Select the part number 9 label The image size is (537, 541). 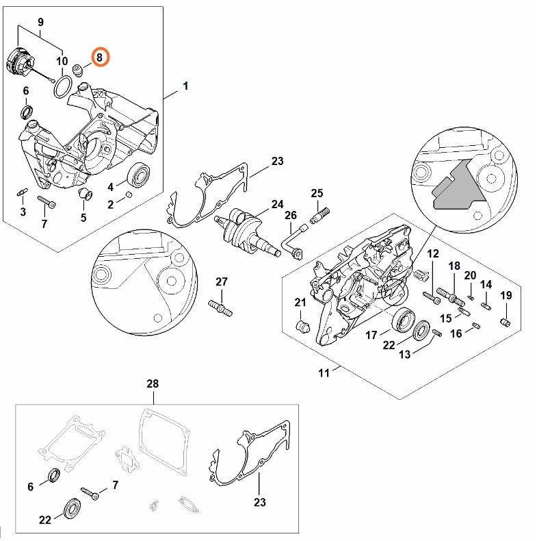[x=40, y=23]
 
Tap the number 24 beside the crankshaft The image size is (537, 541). [x=277, y=204]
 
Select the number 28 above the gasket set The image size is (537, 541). [x=153, y=385]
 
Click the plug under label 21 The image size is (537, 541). [x=300, y=323]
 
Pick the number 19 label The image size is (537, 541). [x=506, y=295]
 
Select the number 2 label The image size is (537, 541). [x=111, y=204]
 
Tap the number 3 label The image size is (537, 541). [x=23, y=212]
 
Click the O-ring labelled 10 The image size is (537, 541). [x=63, y=86]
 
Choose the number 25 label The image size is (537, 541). [x=317, y=193]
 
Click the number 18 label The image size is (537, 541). [x=454, y=266]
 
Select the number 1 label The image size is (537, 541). [x=185, y=86]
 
